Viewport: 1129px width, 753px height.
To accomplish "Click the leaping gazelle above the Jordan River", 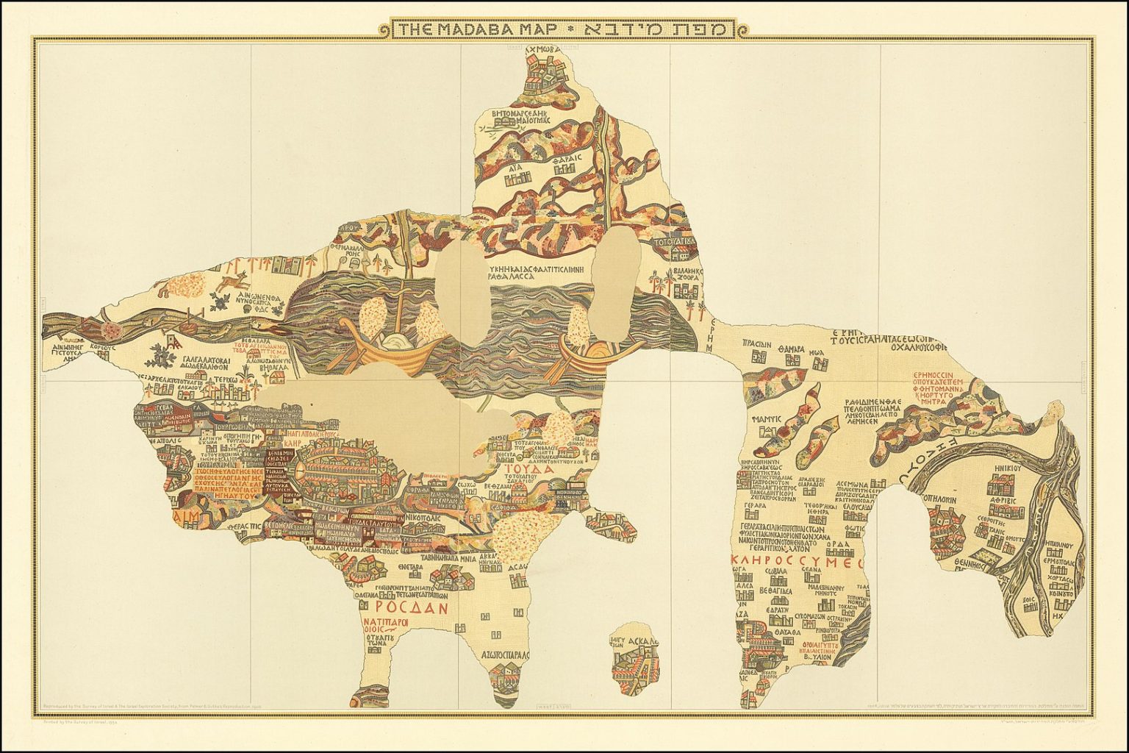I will tap(234, 281).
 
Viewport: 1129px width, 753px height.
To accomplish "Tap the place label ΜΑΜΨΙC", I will tap(764, 417).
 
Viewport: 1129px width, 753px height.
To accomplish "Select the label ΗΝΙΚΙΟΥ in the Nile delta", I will tap(1005, 466).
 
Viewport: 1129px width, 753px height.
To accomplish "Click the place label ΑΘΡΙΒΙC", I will tap(1003, 498).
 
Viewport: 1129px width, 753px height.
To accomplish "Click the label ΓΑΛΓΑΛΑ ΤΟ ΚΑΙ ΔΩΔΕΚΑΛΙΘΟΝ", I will tap(196, 363).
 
